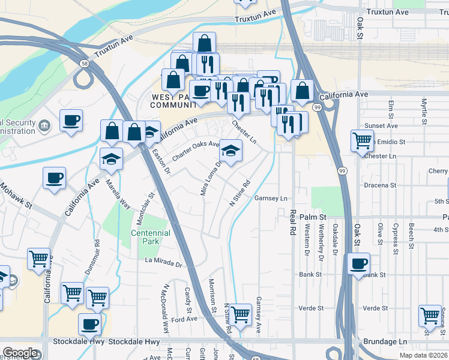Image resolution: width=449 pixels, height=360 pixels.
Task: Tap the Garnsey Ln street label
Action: pos(271,198)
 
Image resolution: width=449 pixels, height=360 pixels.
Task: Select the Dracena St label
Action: pos(381,185)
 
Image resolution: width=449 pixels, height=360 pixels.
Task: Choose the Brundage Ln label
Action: pos(385,341)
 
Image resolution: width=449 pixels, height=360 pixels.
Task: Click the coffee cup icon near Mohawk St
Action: pos(54,178)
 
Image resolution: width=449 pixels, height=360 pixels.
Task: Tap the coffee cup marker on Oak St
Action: pos(358,263)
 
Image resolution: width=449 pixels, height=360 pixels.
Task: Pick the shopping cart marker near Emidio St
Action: pos(362,141)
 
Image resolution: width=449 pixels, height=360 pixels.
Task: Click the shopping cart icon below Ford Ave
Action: pos(241,313)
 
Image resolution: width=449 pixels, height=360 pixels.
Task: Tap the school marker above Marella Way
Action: pos(111,159)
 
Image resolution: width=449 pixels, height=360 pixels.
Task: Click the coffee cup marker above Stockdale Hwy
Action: pos(90,324)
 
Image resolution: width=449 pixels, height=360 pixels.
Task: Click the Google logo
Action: pos(20,352)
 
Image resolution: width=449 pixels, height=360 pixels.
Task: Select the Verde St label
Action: pos(311,308)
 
